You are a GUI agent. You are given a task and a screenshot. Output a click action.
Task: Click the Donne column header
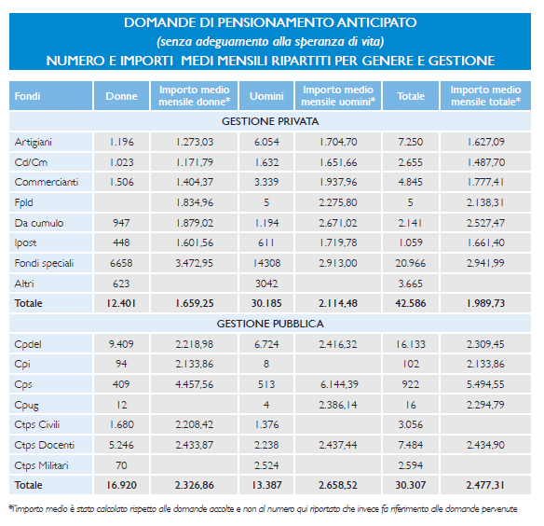pos(121,96)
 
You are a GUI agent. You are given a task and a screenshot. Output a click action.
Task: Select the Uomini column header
pos(266,96)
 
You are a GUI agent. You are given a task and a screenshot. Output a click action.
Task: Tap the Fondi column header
pos(27,96)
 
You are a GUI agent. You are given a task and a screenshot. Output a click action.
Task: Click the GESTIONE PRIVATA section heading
pos(270,121)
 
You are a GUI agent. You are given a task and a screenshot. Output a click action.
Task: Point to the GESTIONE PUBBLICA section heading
pos(270,324)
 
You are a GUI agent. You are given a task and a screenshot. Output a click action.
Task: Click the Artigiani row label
pos(34,142)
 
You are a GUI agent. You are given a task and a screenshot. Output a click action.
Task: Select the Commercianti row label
pos(47,182)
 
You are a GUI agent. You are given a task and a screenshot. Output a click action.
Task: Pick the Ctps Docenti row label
pos(45,445)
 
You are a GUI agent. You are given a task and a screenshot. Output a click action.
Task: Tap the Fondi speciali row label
pos(44,263)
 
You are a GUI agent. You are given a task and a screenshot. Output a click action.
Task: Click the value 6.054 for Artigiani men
pos(266,142)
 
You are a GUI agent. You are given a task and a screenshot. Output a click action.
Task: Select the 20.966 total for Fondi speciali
pos(411,263)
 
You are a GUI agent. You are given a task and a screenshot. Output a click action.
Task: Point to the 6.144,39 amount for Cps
pos(338,384)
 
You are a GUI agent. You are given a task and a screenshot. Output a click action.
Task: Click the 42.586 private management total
pos(411,303)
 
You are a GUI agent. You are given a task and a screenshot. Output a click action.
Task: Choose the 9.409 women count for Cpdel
pos(121,344)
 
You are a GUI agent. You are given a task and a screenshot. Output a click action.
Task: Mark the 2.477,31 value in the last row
pos(485,485)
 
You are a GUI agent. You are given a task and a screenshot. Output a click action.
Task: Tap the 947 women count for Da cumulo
pos(121,223)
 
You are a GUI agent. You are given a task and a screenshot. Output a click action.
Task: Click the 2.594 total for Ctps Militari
pos(411,465)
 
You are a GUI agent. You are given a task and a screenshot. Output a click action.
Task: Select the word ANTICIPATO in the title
pos(376,22)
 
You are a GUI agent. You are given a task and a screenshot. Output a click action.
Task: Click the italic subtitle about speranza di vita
pos(270,42)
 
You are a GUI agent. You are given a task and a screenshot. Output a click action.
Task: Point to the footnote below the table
pos(263,509)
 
